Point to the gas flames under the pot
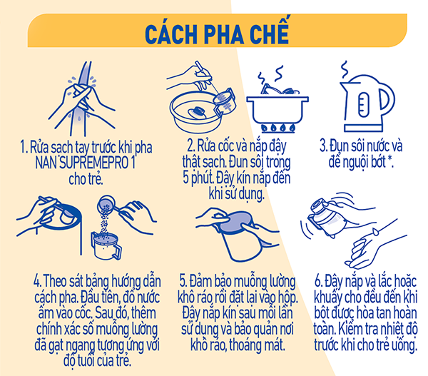278,128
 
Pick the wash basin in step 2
195,113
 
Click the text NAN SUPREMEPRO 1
85,163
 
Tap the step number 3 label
323,146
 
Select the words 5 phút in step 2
198,178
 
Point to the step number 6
319,281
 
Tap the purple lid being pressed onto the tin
237,223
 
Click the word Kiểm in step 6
350,329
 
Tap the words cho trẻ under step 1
86,179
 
